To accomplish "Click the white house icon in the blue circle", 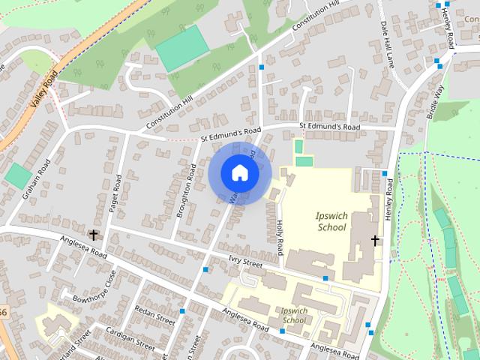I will tap(239, 172).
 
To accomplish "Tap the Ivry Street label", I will tap(245, 263).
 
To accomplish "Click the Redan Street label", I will tap(154, 313).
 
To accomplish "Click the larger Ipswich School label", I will tap(331, 221).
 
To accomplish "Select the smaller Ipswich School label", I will tap(291, 315).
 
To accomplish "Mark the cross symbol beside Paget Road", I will tap(94, 235).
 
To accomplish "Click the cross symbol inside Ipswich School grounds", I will tap(374, 240).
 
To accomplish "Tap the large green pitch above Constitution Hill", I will tap(181, 48).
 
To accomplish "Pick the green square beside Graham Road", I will tap(18, 176).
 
